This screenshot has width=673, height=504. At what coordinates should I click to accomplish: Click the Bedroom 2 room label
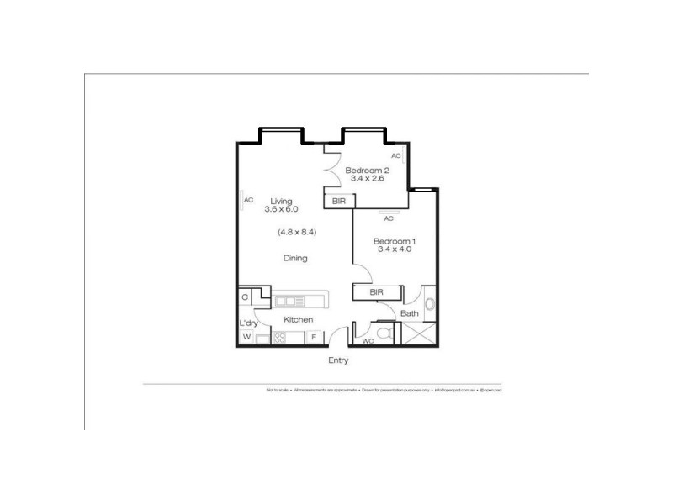point(366,169)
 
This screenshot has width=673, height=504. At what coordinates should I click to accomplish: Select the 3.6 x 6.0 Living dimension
point(281,209)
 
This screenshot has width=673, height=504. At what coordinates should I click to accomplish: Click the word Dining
point(295,259)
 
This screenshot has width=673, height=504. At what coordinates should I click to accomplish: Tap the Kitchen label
point(298,320)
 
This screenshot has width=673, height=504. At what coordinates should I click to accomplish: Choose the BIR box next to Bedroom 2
point(339,201)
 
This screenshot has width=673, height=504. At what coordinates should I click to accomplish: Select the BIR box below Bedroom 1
point(377,292)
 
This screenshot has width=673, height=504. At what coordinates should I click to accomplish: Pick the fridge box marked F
point(314,338)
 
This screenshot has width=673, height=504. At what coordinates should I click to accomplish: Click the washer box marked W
point(246,338)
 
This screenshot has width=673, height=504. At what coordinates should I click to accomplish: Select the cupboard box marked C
point(245,297)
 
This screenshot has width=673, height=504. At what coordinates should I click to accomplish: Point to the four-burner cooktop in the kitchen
point(278,338)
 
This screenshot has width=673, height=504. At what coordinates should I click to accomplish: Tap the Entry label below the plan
point(338,360)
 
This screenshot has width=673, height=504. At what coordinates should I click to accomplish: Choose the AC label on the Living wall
point(249,200)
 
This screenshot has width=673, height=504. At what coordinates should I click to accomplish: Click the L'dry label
point(248,323)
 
